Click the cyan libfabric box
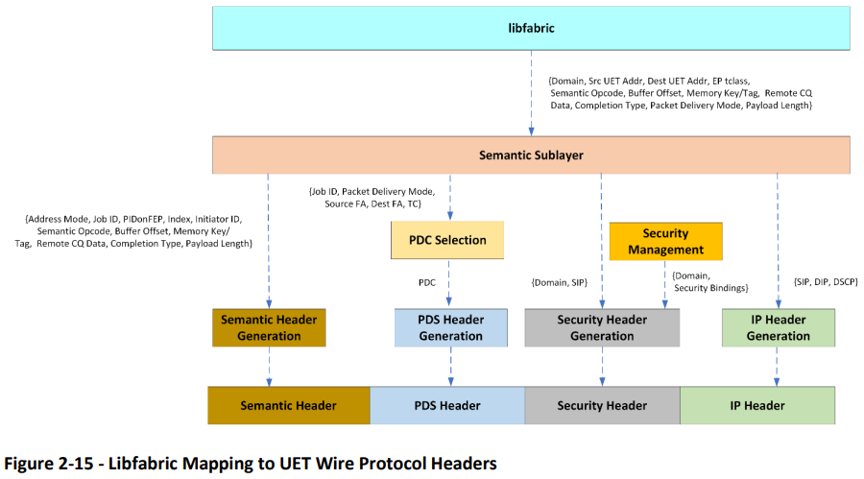(531, 28)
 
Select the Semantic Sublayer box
(531, 155)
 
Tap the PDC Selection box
(447, 240)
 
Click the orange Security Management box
(665, 242)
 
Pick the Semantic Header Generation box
(269, 327)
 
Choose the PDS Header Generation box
(451, 327)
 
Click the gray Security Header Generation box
(602, 327)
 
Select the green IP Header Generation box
(778, 327)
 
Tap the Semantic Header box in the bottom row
(289, 405)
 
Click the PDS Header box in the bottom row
(447, 405)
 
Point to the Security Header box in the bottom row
(602, 405)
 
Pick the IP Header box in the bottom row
(757, 405)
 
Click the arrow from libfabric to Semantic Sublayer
(531, 93)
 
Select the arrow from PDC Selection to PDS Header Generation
(449, 283)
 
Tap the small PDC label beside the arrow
(427, 283)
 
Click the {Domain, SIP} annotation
(560, 283)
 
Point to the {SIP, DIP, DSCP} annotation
(826, 281)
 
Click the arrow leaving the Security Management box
(664, 284)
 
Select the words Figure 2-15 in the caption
(49, 463)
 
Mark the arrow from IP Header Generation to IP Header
(777, 367)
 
